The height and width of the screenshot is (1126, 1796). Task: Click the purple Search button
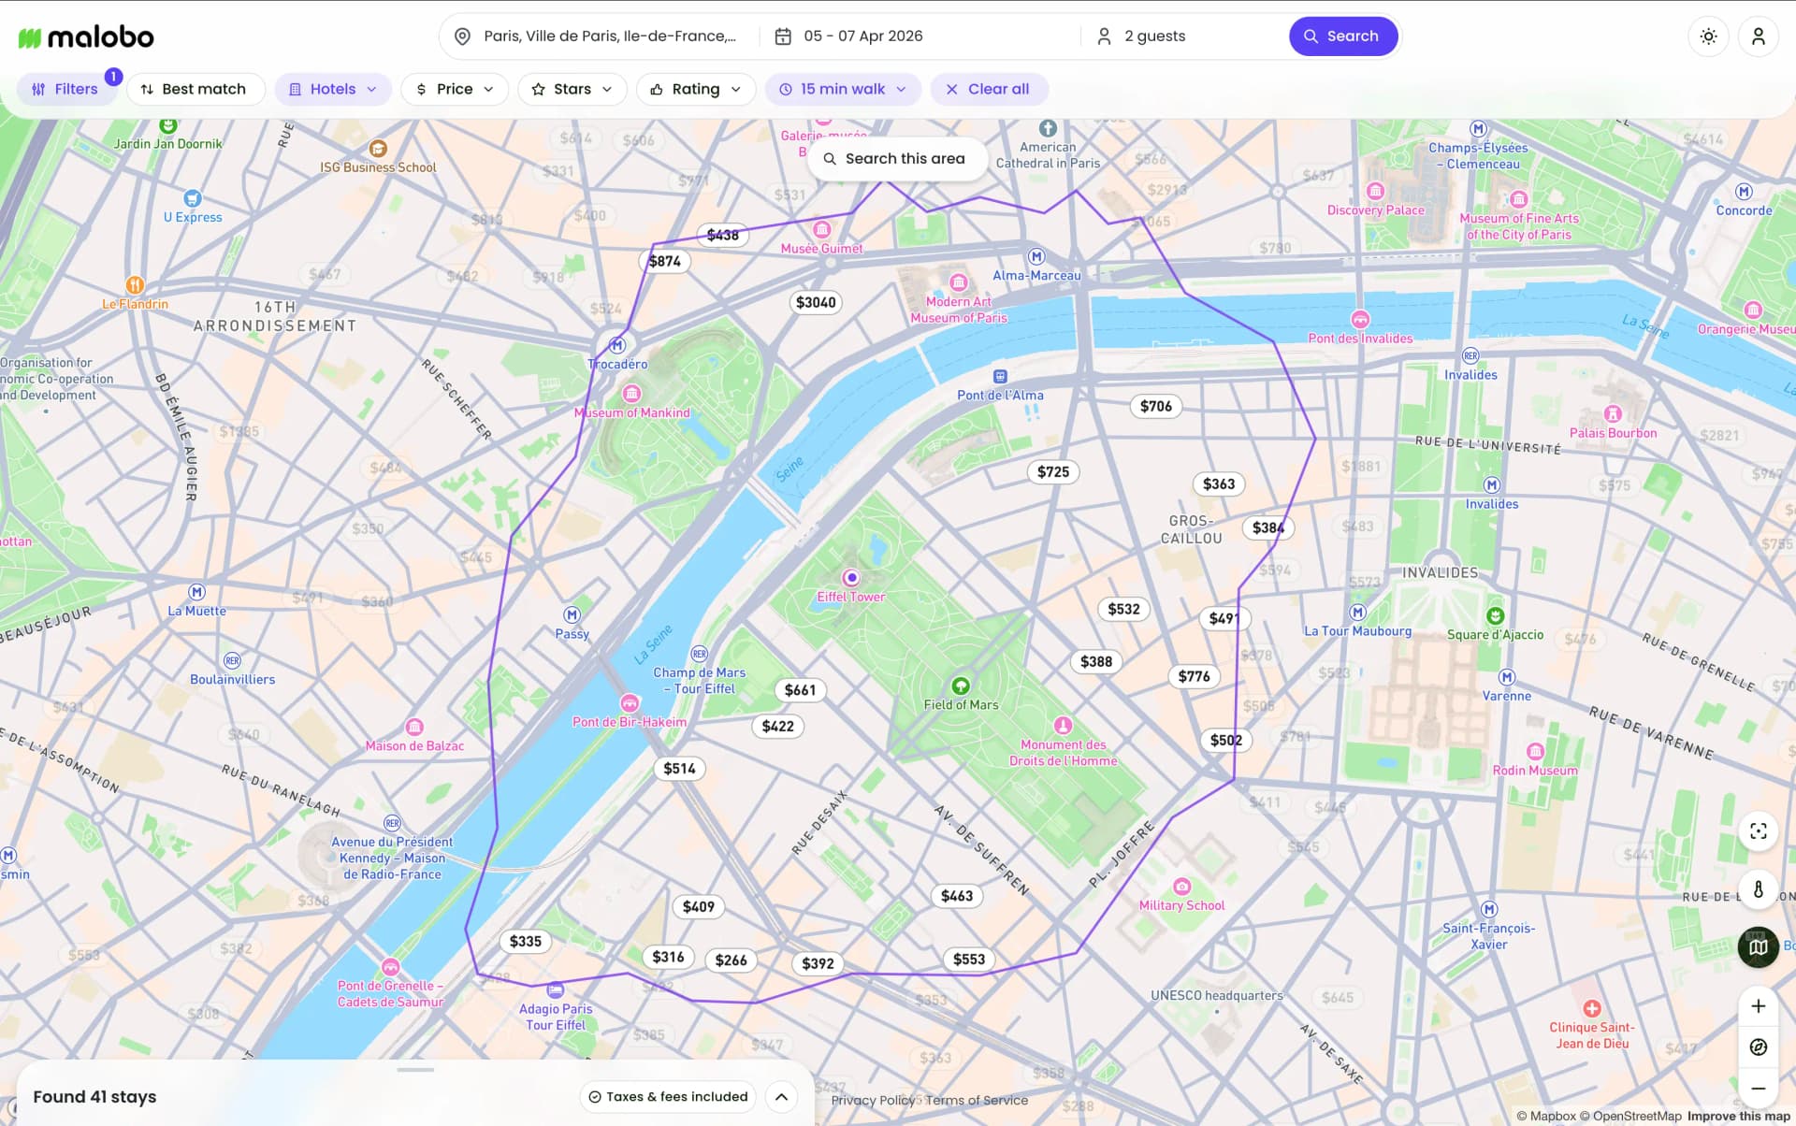click(1342, 36)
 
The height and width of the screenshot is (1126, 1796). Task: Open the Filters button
click(65, 89)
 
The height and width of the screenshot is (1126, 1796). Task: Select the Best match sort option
click(195, 89)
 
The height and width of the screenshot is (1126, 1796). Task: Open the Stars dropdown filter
click(572, 89)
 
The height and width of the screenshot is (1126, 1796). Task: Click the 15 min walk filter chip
click(843, 89)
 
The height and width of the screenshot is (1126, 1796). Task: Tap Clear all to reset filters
click(988, 89)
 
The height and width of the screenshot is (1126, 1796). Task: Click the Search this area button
click(895, 159)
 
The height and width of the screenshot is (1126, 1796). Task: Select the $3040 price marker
click(815, 302)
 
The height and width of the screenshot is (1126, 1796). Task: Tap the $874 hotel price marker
click(664, 261)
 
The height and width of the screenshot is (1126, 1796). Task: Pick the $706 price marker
click(1155, 406)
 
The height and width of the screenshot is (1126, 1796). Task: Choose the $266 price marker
click(731, 960)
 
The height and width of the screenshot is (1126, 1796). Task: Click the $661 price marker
click(800, 690)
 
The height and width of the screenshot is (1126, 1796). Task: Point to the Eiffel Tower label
click(850, 597)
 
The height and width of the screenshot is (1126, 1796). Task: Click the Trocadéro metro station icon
click(616, 345)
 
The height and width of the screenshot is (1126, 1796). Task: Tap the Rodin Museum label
click(1534, 771)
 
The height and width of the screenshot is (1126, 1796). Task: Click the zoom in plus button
click(1758, 1006)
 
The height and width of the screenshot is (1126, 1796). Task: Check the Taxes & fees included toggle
click(668, 1097)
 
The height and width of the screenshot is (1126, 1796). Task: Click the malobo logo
click(86, 37)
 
